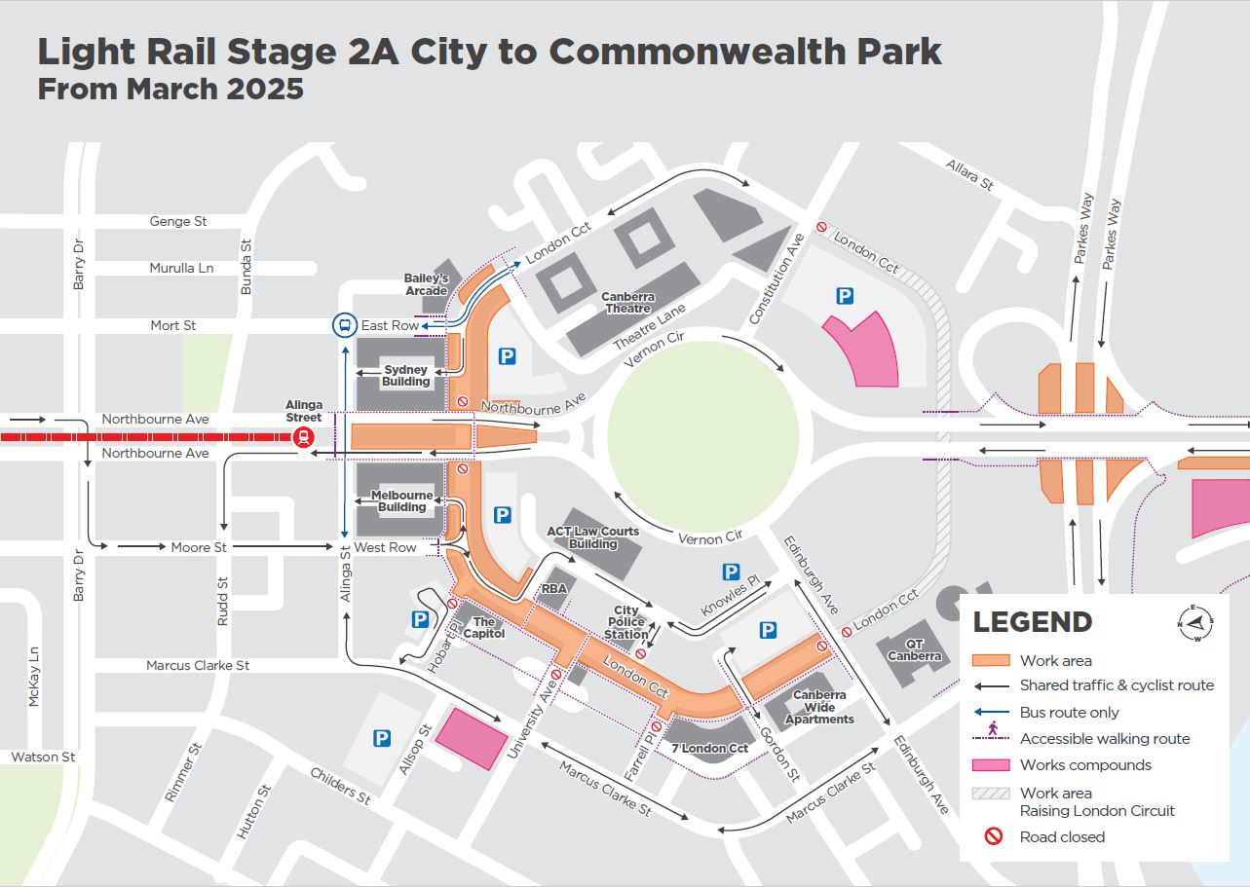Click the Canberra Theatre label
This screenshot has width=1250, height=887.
pyautogui.click(x=627, y=302)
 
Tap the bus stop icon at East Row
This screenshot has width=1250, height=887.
pyautogui.click(x=344, y=325)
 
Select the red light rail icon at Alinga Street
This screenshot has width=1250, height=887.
pyautogui.click(x=304, y=436)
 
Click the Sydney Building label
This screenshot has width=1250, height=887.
pyautogui.click(x=406, y=376)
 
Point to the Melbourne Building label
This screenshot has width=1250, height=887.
pyautogui.click(x=401, y=500)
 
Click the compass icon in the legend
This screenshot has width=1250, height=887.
pyautogui.click(x=1195, y=622)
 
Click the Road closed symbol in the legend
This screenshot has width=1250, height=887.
pyautogui.click(x=993, y=836)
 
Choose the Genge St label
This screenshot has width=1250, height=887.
pyautogui.click(x=177, y=221)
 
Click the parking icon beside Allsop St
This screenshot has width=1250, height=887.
pyautogui.click(x=382, y=739)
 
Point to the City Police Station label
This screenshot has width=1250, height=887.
pyautogui.click(x=625, y=622)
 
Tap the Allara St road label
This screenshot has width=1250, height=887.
pyautogui.click(x=969, y=175)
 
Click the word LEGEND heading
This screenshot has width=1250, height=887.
pyautogui.click(x=1032, y=622)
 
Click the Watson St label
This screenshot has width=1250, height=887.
pyautogui.click(x=43, y=757)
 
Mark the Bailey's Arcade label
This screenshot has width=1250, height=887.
pyautogui.click(x=426, y=284)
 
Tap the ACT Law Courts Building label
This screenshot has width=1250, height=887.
pyautogui.click(x=592, y=537)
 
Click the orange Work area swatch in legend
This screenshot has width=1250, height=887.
pyautogui.click(x=991, y=660)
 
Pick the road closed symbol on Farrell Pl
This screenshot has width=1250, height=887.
pyautogui.click(x=657, y=726)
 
